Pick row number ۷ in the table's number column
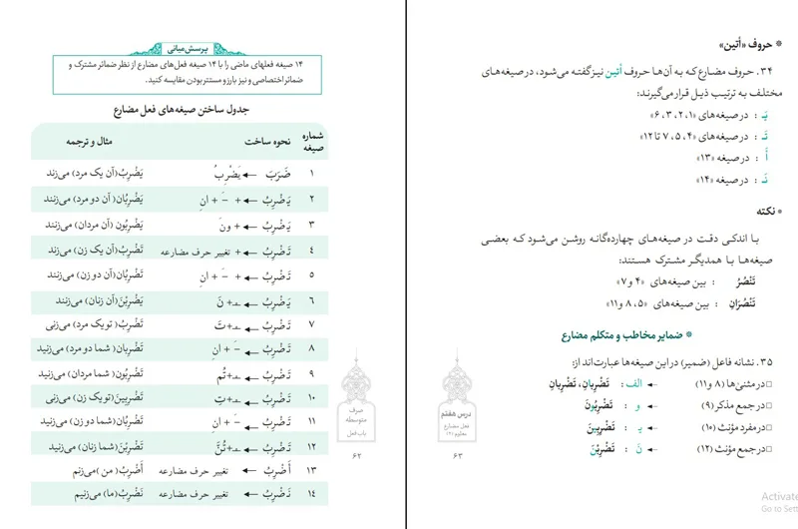[x=312, y=324]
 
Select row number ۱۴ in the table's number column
[x=312, y=494]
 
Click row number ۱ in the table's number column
[x=312, y=173]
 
